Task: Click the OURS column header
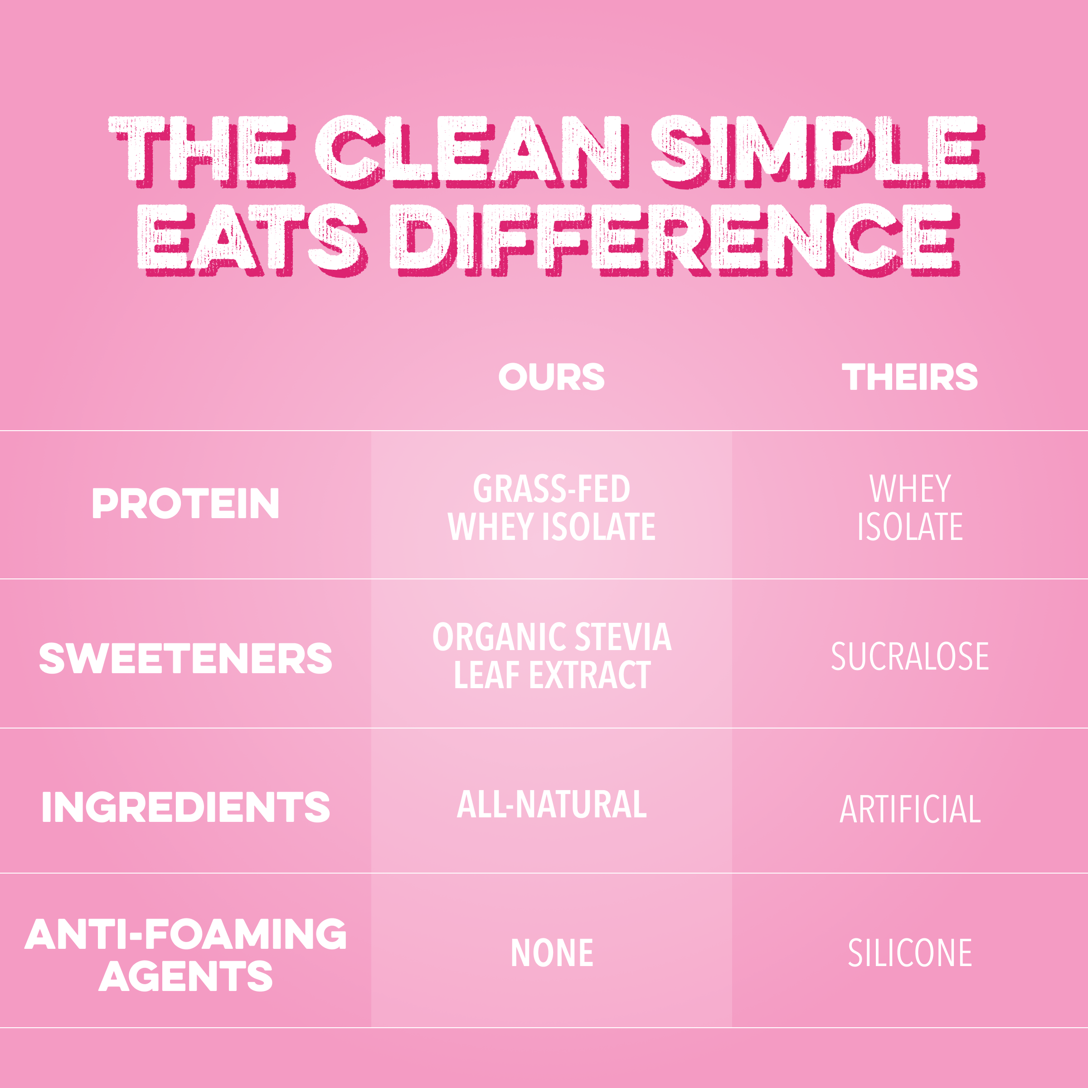pyautogui.click(x=551, y=377)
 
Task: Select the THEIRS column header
pyautogui.click(x=909, y=377)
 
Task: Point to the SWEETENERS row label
pyautogui.click(x=185, y=658)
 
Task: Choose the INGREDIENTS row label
pyautogui.click(x=185, y=806)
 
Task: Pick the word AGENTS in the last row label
pyautogui.click(x=185, y=976)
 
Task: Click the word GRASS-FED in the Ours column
pyautogui.click(x=551, y=488)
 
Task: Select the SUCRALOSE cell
pyautogui.click(x=909, y=656)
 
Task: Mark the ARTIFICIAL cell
pyautogui.click(x=909, y=809)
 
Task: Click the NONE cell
pyautogui.click(x=551, y=953)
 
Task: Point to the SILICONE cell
pyautogui.click(x=909, y=953)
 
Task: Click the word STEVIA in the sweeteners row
pyautogui.click(x=623, y=637)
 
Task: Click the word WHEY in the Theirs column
pyautogui.click(x=909, y=488)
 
